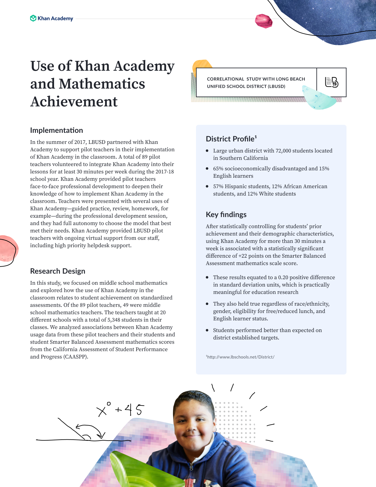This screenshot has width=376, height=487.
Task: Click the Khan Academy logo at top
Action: (52, 18)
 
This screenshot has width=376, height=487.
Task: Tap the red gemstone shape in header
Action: (264, 21)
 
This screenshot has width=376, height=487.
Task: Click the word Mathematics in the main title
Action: (102, 84)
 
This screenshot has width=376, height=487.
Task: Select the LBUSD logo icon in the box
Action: (331, 82)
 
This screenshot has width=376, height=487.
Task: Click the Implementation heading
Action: (57, 130)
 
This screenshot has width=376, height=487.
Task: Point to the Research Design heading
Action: (58, 271)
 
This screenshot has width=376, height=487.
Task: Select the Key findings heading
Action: (226, 215)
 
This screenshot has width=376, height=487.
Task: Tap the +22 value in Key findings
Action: (243, 256)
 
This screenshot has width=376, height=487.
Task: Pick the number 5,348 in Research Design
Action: (114, 320)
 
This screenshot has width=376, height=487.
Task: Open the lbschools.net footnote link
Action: (241, 357)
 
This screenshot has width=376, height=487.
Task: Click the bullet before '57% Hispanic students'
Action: (207, 186)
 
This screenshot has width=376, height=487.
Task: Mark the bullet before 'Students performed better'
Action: (207, 330)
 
